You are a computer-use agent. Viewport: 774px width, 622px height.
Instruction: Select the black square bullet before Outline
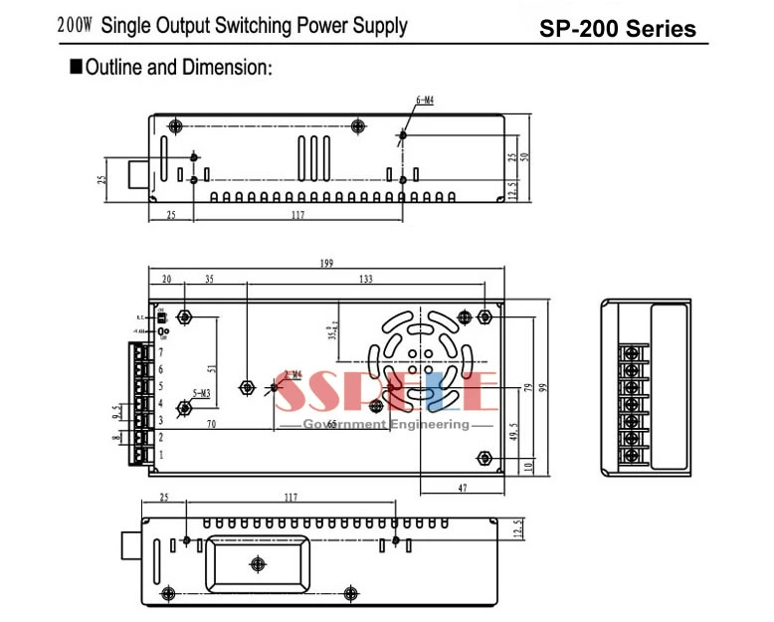coord(75,69)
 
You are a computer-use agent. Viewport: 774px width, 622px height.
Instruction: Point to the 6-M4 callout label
coord(424,101)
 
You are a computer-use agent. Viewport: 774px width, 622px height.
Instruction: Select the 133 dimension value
coord(366,281)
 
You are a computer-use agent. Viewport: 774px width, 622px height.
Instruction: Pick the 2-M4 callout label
coord(292,374)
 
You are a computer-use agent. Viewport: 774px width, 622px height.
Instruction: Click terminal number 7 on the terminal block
coord(160,351)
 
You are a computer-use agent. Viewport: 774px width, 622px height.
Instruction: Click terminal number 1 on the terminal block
coord(160,455)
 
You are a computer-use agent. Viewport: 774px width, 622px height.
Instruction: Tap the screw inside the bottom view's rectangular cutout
coord(257,564)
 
